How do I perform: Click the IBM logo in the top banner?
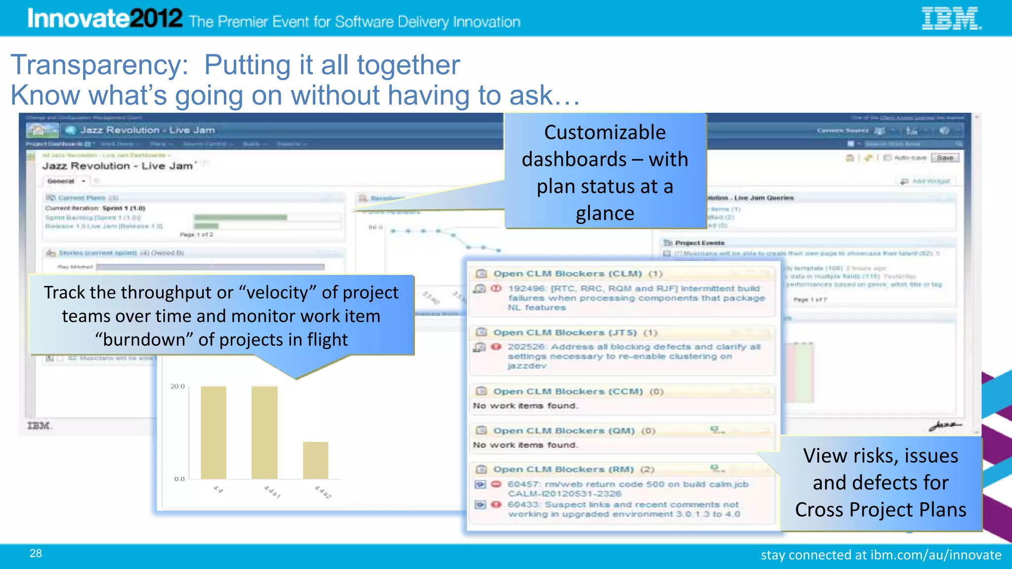[951, 19]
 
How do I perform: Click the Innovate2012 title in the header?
[105, 19]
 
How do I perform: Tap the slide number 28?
[36, 553]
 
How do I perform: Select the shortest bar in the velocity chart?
[315, 460]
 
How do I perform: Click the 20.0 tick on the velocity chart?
[177, 386]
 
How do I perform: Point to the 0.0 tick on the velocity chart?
[179, 479]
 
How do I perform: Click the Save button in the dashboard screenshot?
[945, 158]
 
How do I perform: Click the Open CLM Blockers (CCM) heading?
[568, 391]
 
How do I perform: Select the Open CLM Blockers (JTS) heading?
[565, 332]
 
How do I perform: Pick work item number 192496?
[527, 288]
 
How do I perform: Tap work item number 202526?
[526, 347]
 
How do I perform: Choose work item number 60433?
[524, 504]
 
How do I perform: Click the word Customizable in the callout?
[605, 132]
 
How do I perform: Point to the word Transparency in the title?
[99, 65]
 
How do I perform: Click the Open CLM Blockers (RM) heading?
[563, 469]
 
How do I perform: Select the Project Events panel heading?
[699, 243]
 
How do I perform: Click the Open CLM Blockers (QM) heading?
[564, 431]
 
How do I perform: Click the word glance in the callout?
[605, 213]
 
